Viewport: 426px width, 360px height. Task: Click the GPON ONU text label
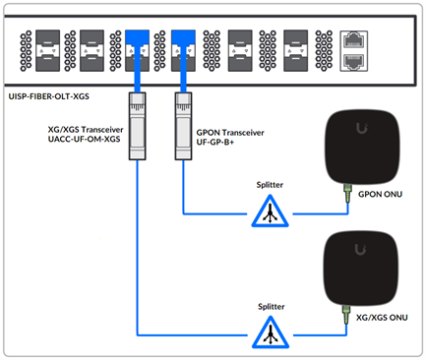tap(386, 194)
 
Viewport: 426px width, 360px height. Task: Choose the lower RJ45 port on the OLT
tap(353, 60)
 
